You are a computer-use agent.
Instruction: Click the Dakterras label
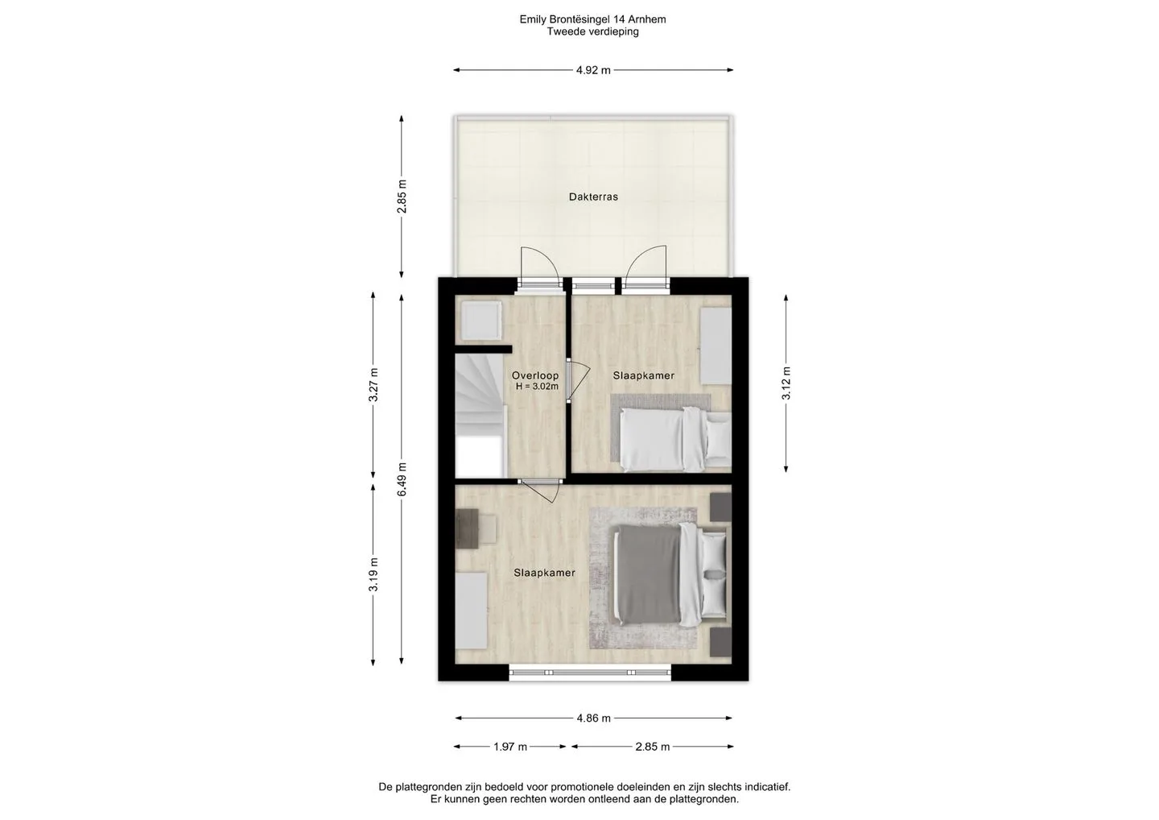coord(593,197)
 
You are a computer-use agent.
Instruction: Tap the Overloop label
coord(535,376)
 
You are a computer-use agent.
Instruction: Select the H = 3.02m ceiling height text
coord(537,386)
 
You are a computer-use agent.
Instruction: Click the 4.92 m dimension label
coord(593,70)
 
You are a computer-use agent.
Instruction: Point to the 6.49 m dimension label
coord(402,478)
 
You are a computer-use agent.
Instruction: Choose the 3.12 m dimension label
coord(786,383)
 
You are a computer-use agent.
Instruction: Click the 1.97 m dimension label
coord(510,747)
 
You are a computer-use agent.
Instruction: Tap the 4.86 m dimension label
coord(593,718)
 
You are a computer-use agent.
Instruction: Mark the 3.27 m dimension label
coord(373,385)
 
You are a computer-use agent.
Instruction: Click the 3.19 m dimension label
coord(373,574)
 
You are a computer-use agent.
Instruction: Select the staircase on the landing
coord(481,415)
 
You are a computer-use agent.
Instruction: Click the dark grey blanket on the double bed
coord(646,574)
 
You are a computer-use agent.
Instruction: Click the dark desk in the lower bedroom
coord(467,528)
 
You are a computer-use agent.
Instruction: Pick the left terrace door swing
coord(539,266)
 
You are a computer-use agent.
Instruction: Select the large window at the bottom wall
coord(590,673)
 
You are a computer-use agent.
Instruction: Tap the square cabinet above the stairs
coord(481,321)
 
